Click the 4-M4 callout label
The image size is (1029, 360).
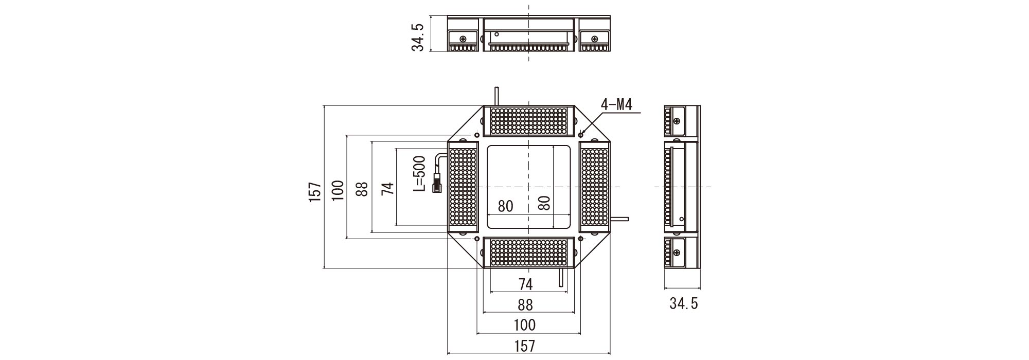616,105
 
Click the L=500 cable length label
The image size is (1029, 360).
420,174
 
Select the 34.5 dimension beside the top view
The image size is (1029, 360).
418,37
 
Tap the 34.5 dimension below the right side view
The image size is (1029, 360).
683,304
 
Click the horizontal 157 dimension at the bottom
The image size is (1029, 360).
524,346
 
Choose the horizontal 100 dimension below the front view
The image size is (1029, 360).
524,325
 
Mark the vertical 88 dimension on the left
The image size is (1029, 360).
362,189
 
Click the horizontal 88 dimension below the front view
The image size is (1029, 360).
524,305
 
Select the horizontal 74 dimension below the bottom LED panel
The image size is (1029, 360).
525,284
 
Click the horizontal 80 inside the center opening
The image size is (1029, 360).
505,206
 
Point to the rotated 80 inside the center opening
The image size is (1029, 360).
544,203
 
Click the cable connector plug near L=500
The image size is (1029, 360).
436,182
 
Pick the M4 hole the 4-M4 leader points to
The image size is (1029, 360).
581,135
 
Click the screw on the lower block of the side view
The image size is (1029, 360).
676,252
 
